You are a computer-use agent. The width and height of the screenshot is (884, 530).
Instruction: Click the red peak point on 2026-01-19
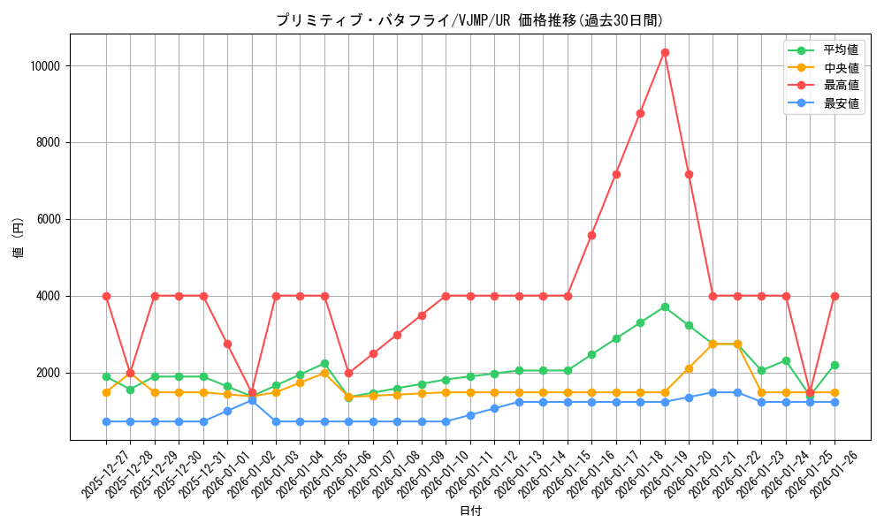tap(665, 52)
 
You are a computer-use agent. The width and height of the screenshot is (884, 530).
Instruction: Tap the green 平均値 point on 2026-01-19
tap(665, 307)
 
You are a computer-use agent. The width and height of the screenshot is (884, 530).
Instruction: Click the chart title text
tap(469, 20)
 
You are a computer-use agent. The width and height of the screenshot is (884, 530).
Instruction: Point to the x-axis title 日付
tap(470, 511)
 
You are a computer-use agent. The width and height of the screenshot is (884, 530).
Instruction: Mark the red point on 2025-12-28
tap(131, 373)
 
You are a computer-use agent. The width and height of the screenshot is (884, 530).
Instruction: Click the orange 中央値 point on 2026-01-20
tap(689, 368)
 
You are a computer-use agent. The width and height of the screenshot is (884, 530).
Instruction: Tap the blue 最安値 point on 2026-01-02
tap(252, 400)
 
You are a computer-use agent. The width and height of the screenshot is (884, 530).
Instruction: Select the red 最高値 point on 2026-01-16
tap(591, 235)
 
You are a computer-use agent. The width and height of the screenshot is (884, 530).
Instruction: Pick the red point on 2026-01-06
tap(349, 373)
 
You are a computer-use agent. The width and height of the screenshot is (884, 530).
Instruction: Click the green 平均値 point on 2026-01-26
tap(834, 365)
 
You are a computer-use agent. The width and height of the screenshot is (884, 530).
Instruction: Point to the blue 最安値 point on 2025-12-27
tap(106, 421)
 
